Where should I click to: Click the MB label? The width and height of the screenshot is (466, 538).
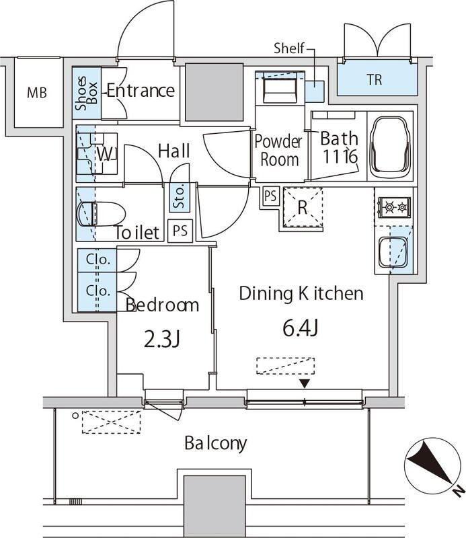pos(37,93)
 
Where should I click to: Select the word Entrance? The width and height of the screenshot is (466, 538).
pos(141,91)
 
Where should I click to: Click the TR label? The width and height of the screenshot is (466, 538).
pos(374,80)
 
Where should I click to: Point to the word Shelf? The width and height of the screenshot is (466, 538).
pos(290,48)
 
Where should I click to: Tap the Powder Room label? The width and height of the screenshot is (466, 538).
pos(279,151)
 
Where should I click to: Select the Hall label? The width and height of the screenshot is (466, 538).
pos(173,151)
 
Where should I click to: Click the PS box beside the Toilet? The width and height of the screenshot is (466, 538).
pos(180,231)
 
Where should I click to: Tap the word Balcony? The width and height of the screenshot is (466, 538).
pos(216,444)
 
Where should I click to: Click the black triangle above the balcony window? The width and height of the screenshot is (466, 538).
pos(305,383)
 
